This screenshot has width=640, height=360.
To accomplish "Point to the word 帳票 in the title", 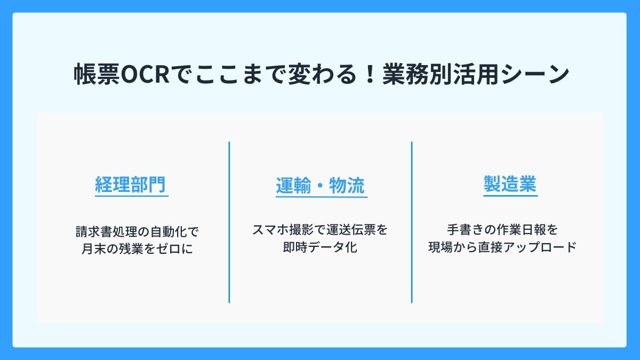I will click(93, 75).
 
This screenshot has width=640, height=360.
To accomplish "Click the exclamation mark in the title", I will click(369, 75).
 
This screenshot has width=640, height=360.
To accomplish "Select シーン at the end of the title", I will click(543, 75).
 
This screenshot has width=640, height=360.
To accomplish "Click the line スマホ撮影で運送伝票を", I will click(320, 231).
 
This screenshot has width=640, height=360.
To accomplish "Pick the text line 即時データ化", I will click(320, 248).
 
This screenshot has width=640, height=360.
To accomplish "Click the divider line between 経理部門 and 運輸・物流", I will click(229, 222).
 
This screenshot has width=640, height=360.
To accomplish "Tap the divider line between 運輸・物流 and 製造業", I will click(412, 222).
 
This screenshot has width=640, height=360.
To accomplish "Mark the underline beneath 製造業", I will click(510, 196).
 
